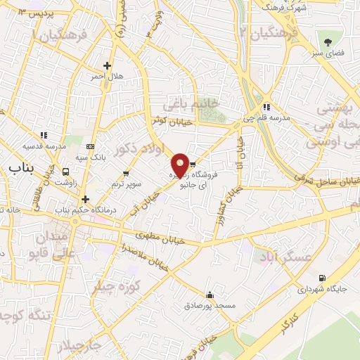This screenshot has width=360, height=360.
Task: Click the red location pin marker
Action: click(x=180, y=165)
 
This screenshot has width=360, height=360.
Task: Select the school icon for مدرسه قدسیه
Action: click(x=44, y=134)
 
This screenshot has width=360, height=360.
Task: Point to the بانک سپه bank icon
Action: click(x=89, y=146)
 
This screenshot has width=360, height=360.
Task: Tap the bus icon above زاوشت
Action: click(x=65, y=171)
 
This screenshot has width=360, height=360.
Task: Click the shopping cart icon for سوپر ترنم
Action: click(x=126, y=173)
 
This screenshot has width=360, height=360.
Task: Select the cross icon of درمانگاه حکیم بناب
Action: click(x=85, y=199)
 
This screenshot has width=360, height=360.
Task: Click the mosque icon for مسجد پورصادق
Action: click(x=209, y=295)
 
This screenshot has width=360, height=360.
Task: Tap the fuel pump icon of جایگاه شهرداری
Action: click(x=323, y=278)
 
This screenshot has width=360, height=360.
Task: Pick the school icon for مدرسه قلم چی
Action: click(x=265, y=107)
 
